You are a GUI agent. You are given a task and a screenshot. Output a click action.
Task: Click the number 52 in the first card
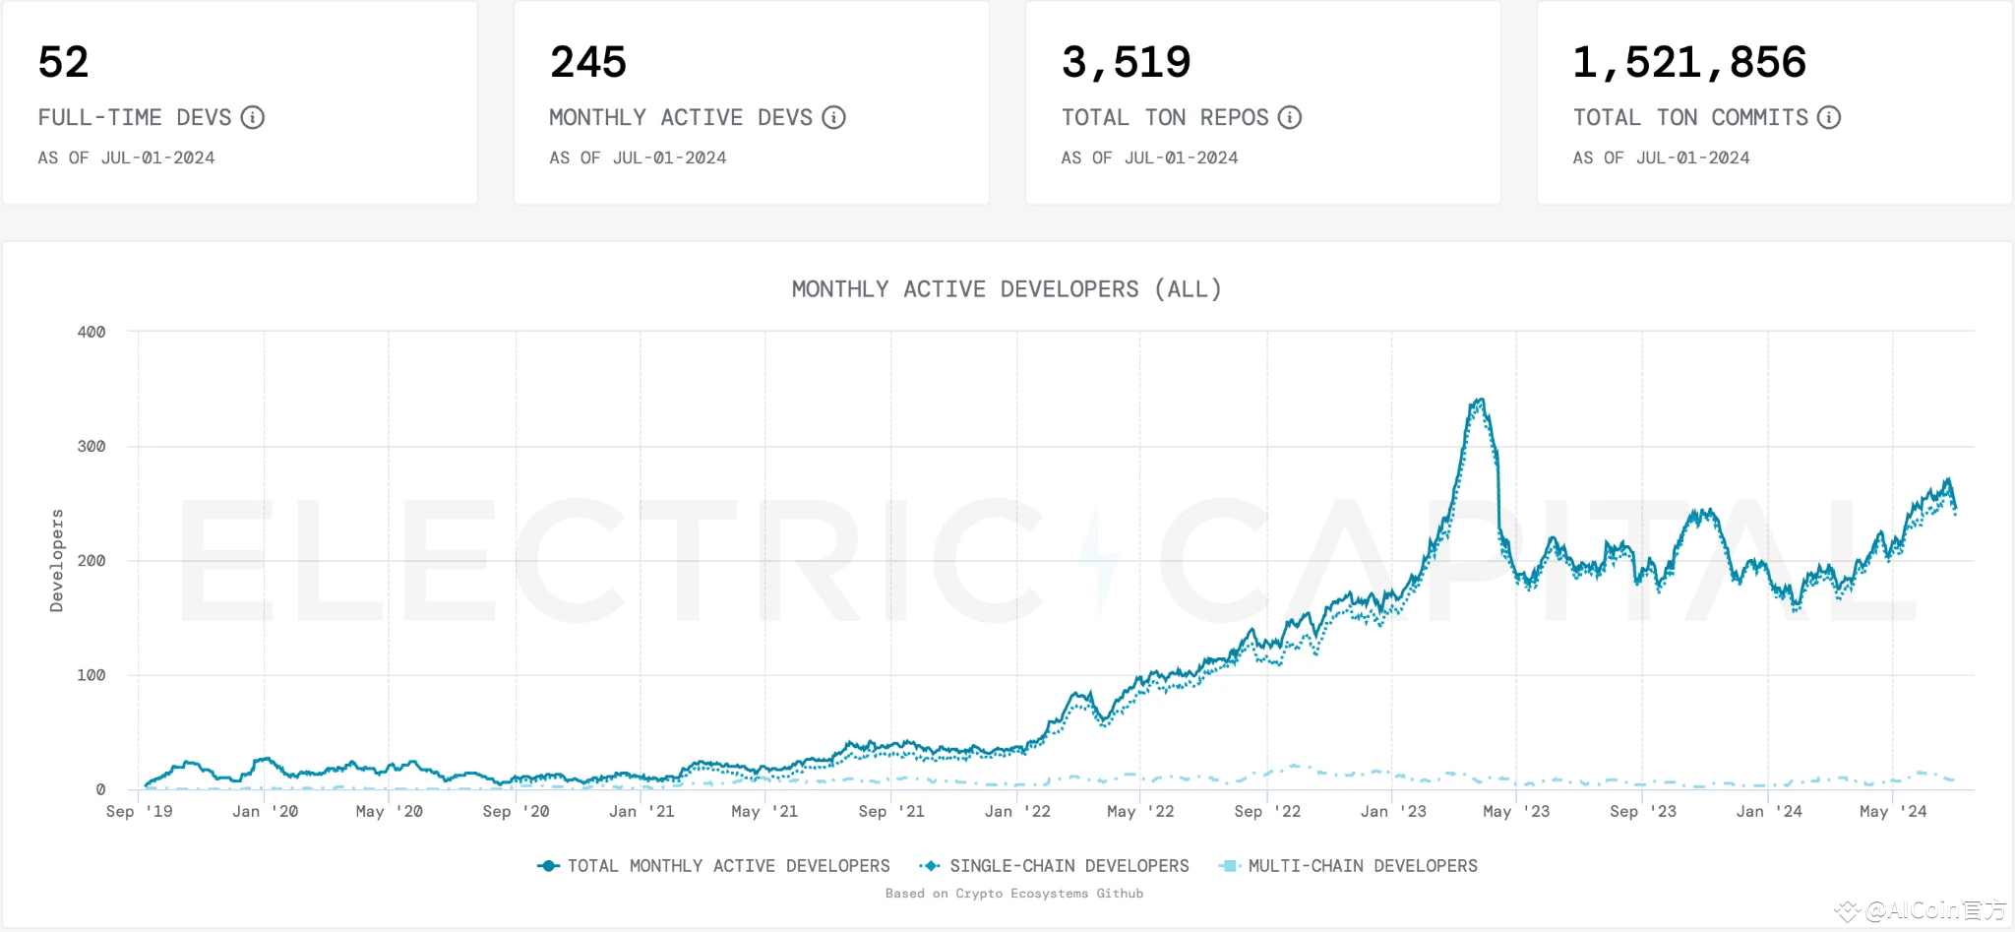(x=63, y=62)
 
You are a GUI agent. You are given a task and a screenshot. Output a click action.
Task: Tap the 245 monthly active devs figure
(x=588, y=62)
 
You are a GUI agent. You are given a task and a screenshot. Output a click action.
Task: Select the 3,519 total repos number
(x=1127, y=63)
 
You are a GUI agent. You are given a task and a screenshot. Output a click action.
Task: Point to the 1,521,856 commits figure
(x=1689, y=63)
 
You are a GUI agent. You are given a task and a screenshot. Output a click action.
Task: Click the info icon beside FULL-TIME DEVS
(x=253, y=118)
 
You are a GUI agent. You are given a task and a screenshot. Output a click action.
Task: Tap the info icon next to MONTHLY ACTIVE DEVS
(x=834, y=118)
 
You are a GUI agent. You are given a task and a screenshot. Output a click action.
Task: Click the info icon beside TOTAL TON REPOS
(x=1290, y=118)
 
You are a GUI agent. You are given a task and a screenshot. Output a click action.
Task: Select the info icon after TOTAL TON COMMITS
(x=1829, y=118)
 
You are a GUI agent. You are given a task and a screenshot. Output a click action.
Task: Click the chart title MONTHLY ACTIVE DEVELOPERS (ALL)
(x=1007, y=289)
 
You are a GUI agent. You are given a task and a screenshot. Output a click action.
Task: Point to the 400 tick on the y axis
(x=92, y=333)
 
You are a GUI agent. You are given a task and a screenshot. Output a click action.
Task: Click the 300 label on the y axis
(x=92, y=447)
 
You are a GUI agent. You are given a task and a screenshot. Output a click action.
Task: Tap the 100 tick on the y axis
(x=92, y=675)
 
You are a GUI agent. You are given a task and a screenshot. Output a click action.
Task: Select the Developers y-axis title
(x=57, y=561)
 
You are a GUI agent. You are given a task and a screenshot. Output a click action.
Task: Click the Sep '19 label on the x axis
(x=139, y=812)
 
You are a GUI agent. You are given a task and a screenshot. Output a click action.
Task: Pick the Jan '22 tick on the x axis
(x=1017, y=812)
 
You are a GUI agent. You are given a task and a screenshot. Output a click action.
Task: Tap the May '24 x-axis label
(x=1893, y=812)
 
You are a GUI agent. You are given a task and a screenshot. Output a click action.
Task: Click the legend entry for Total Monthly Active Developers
(x=713, y=866)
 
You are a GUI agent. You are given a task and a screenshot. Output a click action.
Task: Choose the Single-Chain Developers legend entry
(x=1054, y=866)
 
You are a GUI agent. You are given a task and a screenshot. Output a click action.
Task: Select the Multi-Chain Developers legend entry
(x=1348, y=866)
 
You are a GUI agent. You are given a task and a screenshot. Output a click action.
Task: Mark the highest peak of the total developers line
(x=1481, y=400)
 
